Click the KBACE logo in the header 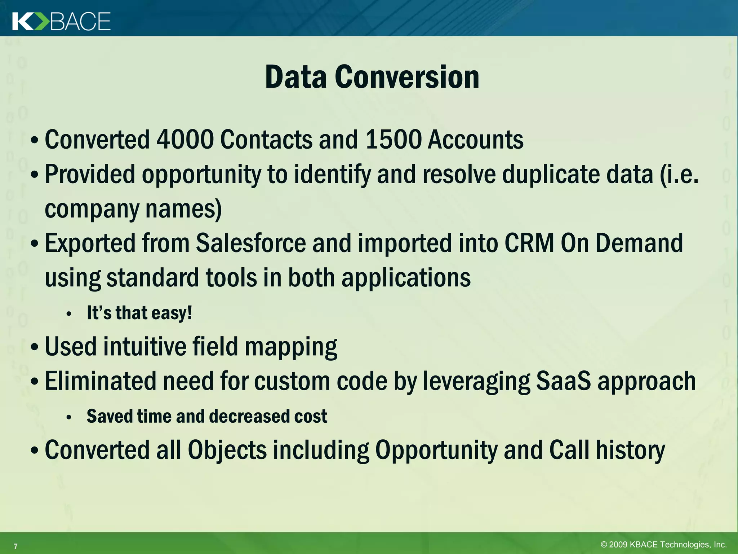61,21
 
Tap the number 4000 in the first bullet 185,140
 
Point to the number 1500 393,140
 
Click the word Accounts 475,140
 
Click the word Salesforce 251,243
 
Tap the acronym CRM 529,243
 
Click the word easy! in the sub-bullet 172,313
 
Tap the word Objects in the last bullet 227,450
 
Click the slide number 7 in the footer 15,546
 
